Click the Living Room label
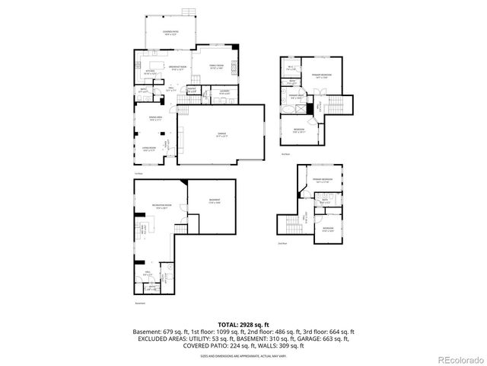click(150, 149)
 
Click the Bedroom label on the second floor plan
click(301, 130)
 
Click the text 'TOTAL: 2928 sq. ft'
click(243, 325)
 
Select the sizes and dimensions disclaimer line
click(243, 355)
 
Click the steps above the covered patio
click(186, 12)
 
